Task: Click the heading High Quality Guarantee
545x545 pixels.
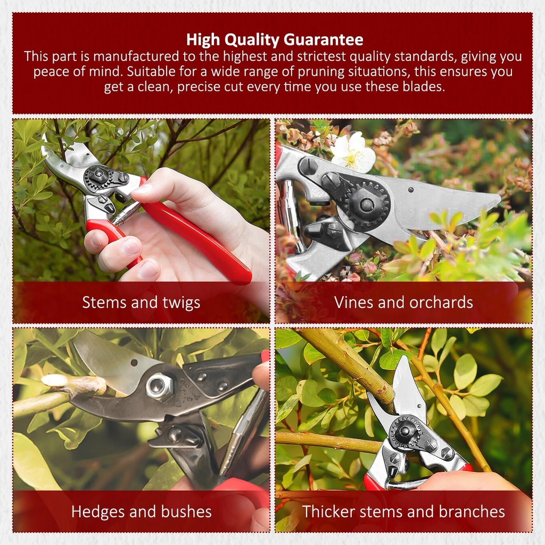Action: (x=275, y=40)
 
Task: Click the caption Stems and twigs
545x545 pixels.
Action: (x=141, y=302)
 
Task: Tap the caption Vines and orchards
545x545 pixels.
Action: (x=403, y=302)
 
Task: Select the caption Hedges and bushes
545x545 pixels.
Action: (x=141, y=512)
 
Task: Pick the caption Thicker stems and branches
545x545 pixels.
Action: (x=403, y=512)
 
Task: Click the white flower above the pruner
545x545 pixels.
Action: (x=353, y=152)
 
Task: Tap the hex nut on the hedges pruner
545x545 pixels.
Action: (x=159, y=385)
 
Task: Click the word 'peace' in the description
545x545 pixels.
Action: (x=51, y=71)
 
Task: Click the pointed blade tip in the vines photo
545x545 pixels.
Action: (x=498, y=198)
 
